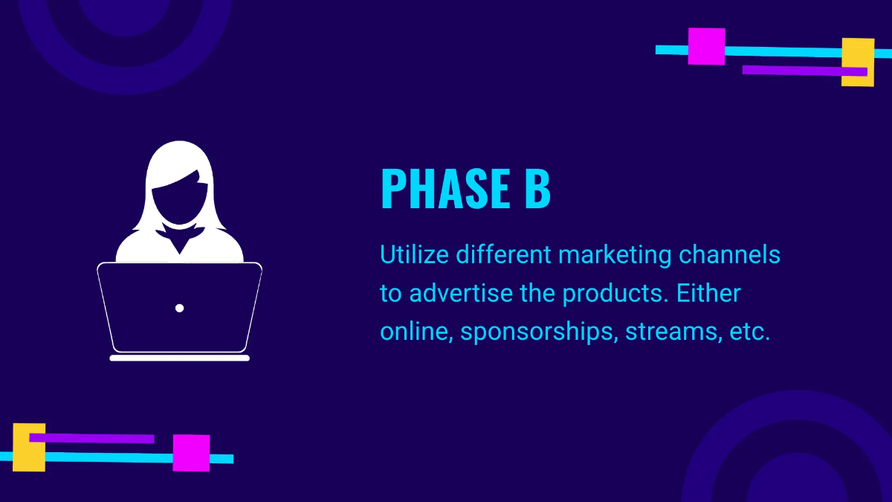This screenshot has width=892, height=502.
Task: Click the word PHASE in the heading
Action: click(x=445, y=188)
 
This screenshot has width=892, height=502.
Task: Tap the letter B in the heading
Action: click(x=537, y=188)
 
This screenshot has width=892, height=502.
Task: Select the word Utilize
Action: click(x=415, y=254)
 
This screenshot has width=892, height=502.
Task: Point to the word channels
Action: click(x=729, y=254)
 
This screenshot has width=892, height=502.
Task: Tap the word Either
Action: click(x=708, y=293)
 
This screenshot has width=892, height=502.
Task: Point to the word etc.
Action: click(x=750, y=332)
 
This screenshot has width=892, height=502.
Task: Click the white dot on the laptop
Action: click(x=180, y=308)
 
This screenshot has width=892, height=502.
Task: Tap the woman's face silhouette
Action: click(x=180, y=199)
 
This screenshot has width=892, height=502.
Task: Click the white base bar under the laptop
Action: click(x=180, y=358)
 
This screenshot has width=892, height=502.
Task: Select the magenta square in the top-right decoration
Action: click(x=706, y=46)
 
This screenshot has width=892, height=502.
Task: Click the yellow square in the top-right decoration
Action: click(x=858, y=62)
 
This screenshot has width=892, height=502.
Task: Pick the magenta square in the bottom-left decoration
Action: click(x=191, y=453)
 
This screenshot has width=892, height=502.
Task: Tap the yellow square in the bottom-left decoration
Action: click(x=29, y=448)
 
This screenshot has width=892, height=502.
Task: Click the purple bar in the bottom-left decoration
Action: click(x=91, y=438)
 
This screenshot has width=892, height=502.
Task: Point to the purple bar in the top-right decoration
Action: click(x=805, y=71)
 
